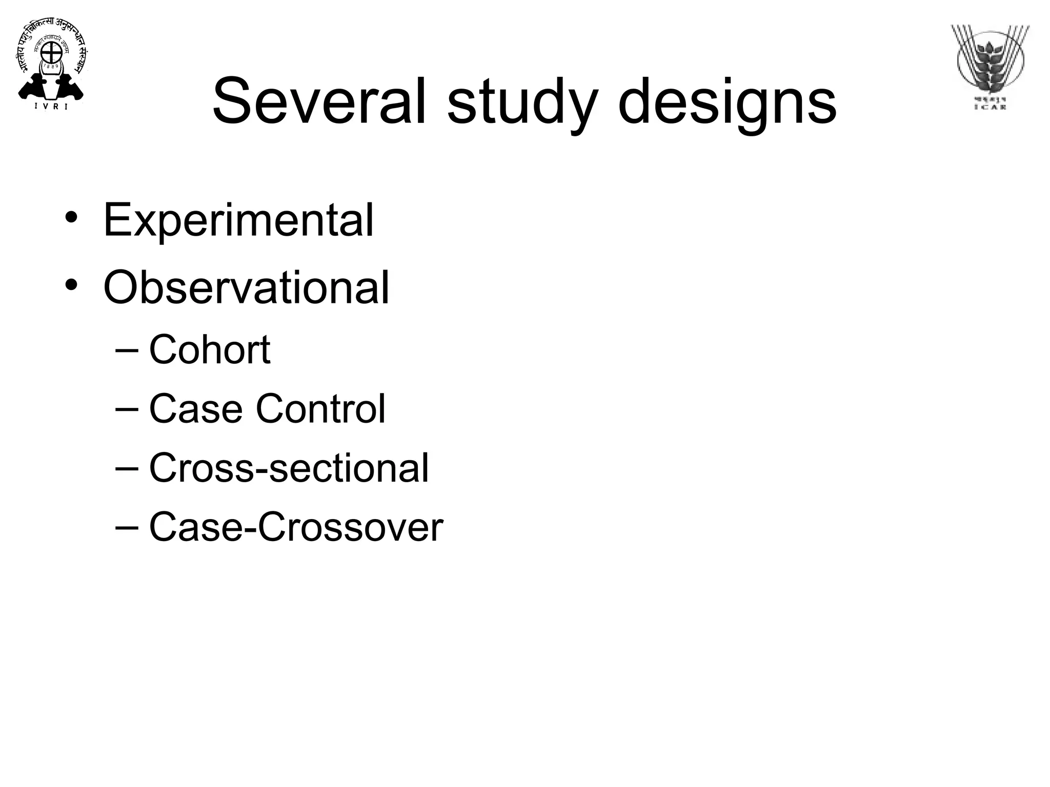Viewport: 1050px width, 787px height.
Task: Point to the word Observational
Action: click(x=246, y=288)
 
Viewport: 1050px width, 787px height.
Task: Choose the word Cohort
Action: click(x=209, y=350)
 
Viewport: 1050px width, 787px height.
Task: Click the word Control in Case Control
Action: click(x=320, y=409)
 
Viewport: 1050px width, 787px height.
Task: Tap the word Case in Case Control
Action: click(x=195, y=409)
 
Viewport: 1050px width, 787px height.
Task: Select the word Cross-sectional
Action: click(x=289, y=468)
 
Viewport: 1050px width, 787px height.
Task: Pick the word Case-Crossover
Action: click(x=296, y=527)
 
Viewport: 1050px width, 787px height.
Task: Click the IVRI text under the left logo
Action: click(x=51, y=107)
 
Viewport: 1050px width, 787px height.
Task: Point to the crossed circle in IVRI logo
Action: click(x=51, y=51)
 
